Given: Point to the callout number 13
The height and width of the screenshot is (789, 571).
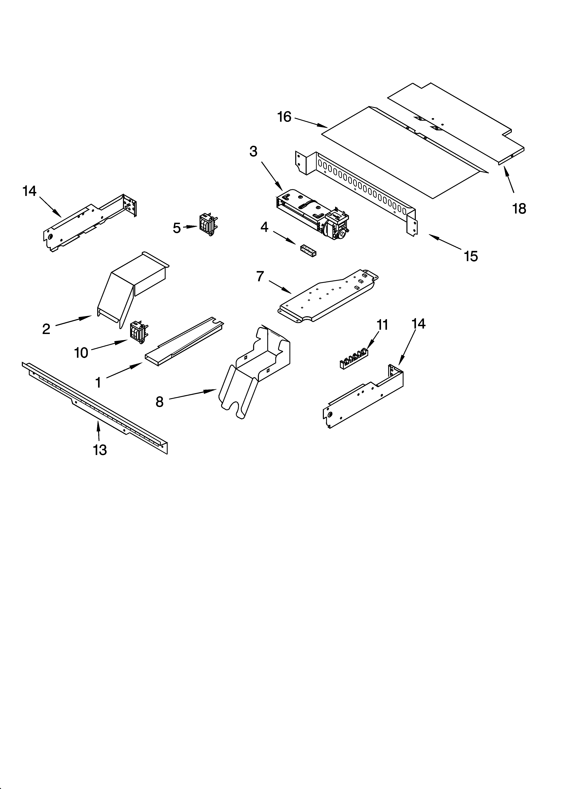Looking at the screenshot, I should coord(100,450).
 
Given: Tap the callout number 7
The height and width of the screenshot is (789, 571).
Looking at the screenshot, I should coord(260,276).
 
